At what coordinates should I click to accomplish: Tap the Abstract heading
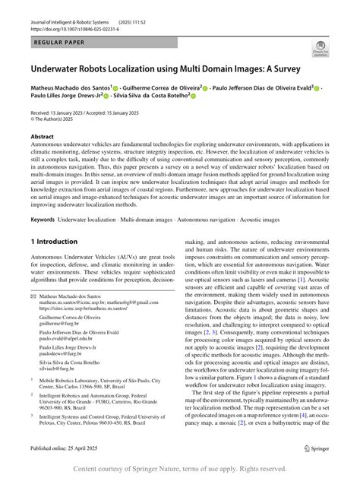(x=41, y=137)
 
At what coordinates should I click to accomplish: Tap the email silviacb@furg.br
(x=60, y=369)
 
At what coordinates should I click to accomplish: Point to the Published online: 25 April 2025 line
(x=71, y=450)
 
